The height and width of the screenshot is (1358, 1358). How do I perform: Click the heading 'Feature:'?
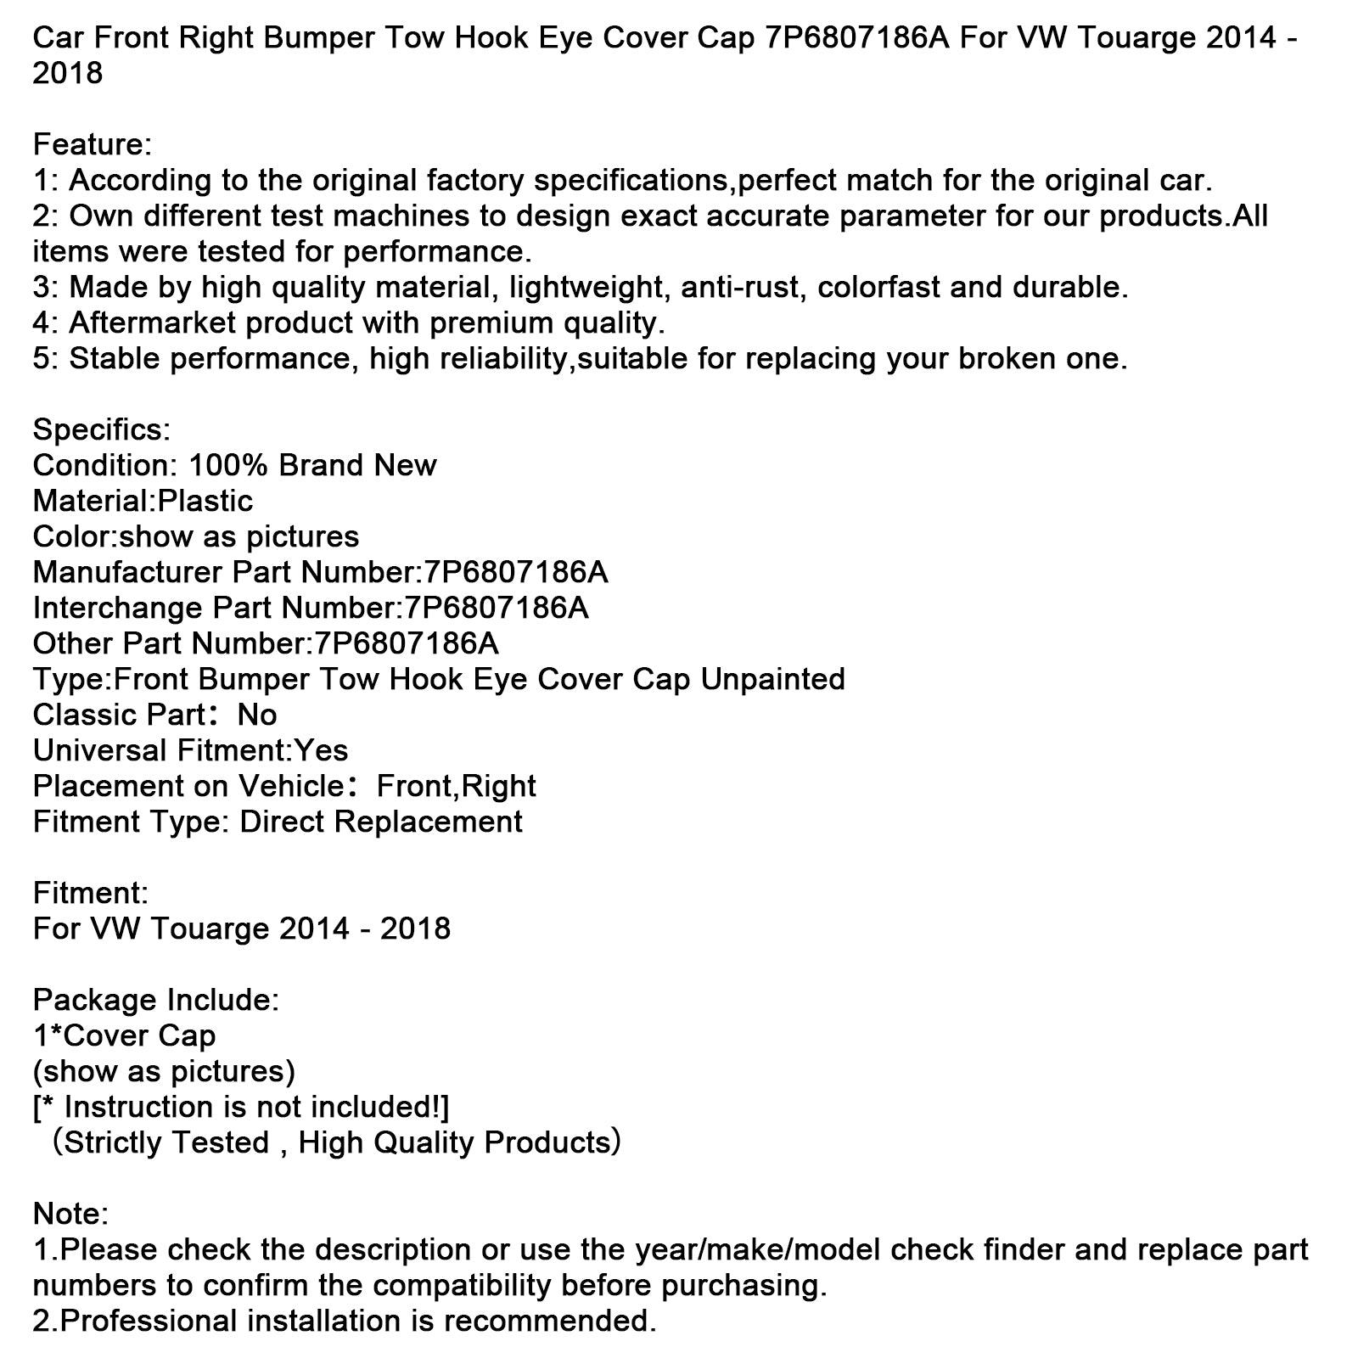(x=92, y=144)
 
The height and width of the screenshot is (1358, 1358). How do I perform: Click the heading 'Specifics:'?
(x=101, y=429)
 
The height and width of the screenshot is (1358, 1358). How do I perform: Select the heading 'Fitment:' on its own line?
(x=90, y=893)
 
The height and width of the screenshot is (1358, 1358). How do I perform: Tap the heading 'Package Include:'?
(x=155, y=1000)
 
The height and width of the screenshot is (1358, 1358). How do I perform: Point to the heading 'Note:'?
(x=70, y=1214)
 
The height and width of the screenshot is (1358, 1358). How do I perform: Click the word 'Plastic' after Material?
(x=205, y=501)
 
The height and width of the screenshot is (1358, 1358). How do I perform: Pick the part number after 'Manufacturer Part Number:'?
(x=512, y=572)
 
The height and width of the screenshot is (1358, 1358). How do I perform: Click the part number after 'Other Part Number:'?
(x=406, y=643)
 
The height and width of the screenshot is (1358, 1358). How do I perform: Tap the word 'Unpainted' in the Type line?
(x=772, y=679)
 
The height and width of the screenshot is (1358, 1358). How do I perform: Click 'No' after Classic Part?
(x=257, y=715)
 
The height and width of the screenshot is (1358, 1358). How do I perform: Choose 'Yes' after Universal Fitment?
(x=321, y=750)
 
